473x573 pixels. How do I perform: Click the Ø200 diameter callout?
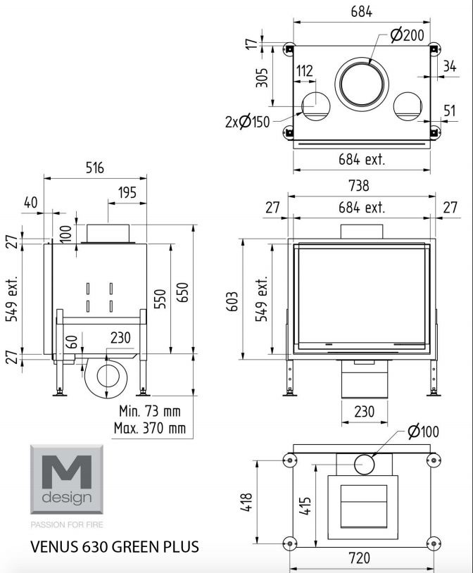point(408,35)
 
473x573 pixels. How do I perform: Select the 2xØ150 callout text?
point(247,122)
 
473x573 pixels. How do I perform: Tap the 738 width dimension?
point(358,186)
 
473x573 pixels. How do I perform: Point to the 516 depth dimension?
point(95,168)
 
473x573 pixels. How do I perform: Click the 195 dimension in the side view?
point(127,193)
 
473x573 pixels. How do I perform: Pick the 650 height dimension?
point(183,292)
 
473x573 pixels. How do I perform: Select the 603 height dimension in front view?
point(232,301)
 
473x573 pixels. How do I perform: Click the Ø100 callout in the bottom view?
point(423,432)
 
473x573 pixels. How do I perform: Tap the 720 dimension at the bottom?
point(359,558)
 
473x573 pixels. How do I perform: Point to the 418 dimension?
point(248,502)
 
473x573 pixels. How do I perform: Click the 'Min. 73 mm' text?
point(150,411)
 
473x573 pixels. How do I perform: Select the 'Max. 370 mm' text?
point(150,427)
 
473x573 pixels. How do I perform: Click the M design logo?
point(67,479)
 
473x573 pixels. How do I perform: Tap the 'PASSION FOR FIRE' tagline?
point(67,524)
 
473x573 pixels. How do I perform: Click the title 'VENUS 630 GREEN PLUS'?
point(115,547)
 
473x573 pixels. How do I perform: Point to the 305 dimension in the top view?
point(262,77)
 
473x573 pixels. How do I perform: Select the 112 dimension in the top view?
point(305,71)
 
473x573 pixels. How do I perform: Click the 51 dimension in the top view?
point(450,111)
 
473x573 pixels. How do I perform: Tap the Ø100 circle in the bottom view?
point(364,464)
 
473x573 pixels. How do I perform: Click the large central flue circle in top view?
point(362,58)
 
